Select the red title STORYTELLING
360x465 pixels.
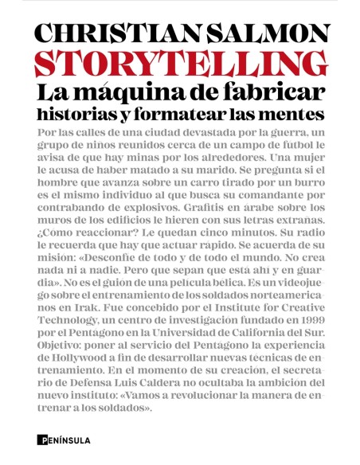tap(179, 64)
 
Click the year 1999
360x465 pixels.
tap(306, 346)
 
